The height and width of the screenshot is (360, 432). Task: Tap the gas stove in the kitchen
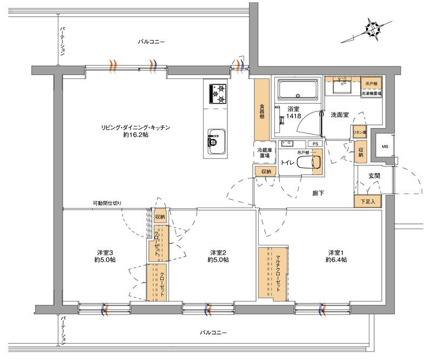pos(218,95)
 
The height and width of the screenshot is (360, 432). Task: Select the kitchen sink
pos(217,142)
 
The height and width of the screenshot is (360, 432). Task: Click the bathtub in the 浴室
pos(298,90)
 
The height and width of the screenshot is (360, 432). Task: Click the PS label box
pos(315,144)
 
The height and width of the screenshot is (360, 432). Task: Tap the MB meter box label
pos(385,146)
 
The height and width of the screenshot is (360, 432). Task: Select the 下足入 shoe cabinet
pos(368,202)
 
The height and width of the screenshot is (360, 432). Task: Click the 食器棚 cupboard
pos(261,110)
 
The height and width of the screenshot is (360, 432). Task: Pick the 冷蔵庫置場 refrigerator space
pos(265,153)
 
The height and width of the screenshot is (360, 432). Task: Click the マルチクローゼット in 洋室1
pos(273,272)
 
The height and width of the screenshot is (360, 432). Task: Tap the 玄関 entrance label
pos(374,176)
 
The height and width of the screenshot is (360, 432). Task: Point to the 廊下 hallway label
pos(318,193)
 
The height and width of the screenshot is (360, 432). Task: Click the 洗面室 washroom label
pos(340,115)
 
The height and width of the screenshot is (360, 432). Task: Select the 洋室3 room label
pos(105,252)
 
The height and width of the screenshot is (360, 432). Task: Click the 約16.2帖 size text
pos(136,135)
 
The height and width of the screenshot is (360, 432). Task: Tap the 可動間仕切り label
pos(107,203)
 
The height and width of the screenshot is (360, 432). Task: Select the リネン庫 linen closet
pos(360,132)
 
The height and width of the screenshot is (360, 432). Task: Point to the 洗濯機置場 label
pos(372,94)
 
